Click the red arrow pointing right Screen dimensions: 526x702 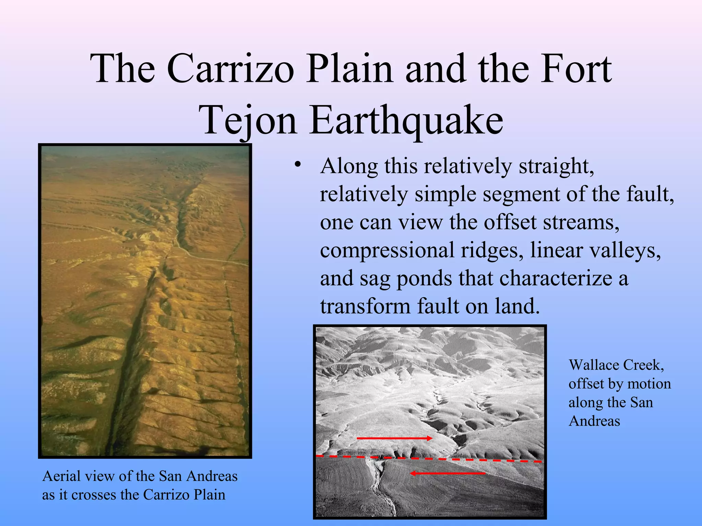[394, 438]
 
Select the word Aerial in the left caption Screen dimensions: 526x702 [62, 476]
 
